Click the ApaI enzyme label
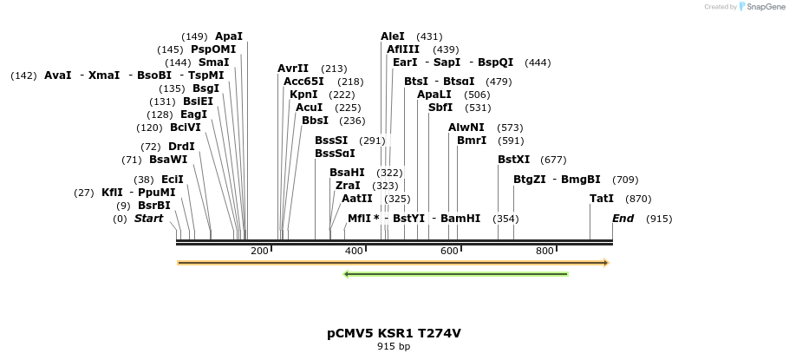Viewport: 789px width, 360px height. tap(229, 36)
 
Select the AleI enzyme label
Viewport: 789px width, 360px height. tap(393, 36)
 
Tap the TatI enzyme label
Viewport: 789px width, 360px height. tap(602, 199)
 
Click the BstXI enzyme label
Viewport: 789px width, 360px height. tap(513, 160)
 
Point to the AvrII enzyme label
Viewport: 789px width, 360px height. tap(293, 69)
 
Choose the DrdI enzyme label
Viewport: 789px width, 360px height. tap(181, 147)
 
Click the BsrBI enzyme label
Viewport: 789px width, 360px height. tap(154, 206)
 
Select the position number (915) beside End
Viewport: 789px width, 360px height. tap(659, 219)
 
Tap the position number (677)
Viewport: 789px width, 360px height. tap(553, 160)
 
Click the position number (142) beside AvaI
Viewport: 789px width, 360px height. tap(23, 75)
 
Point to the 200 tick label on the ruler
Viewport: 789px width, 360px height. tap(259, 251)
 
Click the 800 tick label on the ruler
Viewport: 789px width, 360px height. tap(544, 251)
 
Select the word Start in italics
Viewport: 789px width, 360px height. tap(148, 219)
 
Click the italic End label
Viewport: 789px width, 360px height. tap(623, 219)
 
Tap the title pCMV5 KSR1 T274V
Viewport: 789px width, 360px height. tap(394, 333)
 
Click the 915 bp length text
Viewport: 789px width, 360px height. tap(394, 347)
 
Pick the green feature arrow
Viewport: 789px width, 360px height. tap(456, 274)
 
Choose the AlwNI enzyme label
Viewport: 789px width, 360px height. tap(466, 128)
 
